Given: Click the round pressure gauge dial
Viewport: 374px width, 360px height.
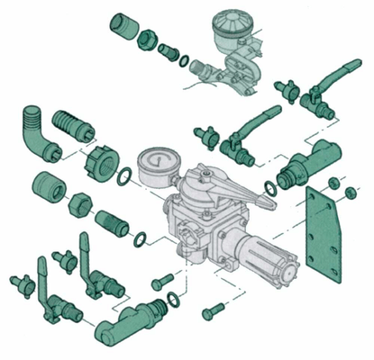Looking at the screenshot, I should (x=156, y=167).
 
